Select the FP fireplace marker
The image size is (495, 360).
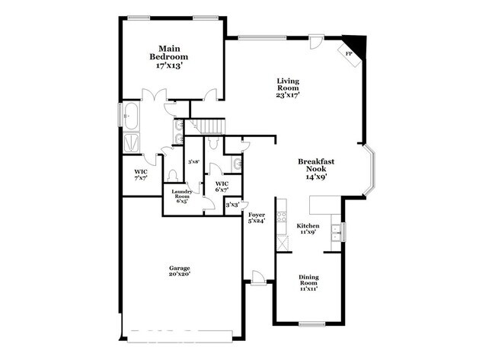tap(349, 53)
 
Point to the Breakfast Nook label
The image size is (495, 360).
tap(316, 167)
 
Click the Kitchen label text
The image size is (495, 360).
tap(308, 227)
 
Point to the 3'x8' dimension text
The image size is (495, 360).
tap(194, 161)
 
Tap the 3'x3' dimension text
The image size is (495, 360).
tap(232, 205)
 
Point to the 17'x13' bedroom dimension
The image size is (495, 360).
tap(168, 66)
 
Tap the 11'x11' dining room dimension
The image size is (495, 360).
tap(308, 288)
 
